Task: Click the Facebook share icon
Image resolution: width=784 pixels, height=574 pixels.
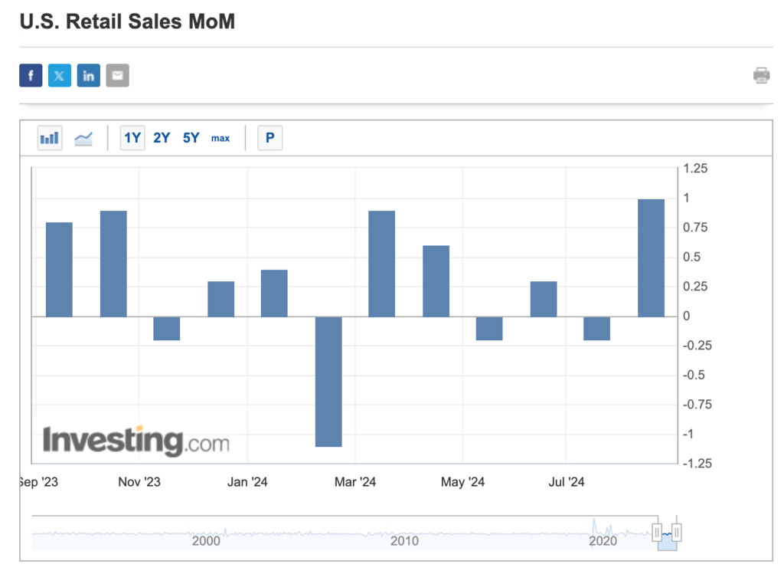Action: [31, 75]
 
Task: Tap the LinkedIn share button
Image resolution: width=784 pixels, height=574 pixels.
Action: [89, 75]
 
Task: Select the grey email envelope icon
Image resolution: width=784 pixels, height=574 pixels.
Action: [117, 75]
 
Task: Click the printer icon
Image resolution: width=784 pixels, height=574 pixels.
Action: [761, 75]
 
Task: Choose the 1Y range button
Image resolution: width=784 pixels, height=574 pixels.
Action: [132, 138]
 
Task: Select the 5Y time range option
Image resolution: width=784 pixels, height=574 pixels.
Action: [191, 138]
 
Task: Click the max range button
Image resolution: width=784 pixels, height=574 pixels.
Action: [220, 138]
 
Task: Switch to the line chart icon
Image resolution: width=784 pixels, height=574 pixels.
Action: [83, 138]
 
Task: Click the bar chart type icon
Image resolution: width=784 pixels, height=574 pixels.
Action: [50, 138]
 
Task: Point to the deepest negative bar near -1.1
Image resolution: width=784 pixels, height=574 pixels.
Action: [328, 381]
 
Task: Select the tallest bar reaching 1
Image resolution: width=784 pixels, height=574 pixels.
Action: [651, 257]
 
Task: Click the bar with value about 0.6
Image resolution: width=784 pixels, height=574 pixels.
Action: [436, 280]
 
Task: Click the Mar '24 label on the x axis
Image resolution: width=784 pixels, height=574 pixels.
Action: [356, 482]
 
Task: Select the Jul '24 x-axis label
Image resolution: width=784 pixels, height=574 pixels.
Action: [567, 482]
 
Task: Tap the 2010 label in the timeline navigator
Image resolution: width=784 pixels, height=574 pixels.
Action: [404, 541]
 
